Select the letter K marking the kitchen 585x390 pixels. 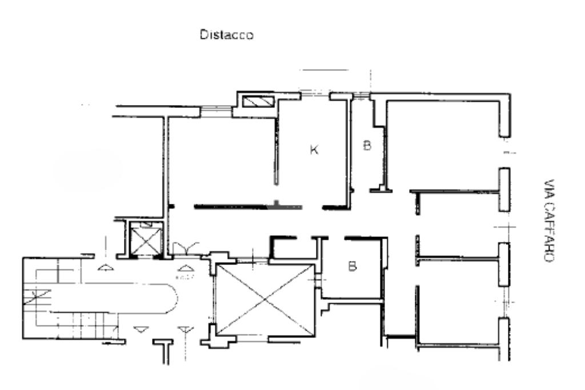pyautogui.click(x=314, y=150)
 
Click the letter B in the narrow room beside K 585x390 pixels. pyautogui.click(x=367, y=146)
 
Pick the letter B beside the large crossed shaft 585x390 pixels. pyautogui.click(x=352, y=266)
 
